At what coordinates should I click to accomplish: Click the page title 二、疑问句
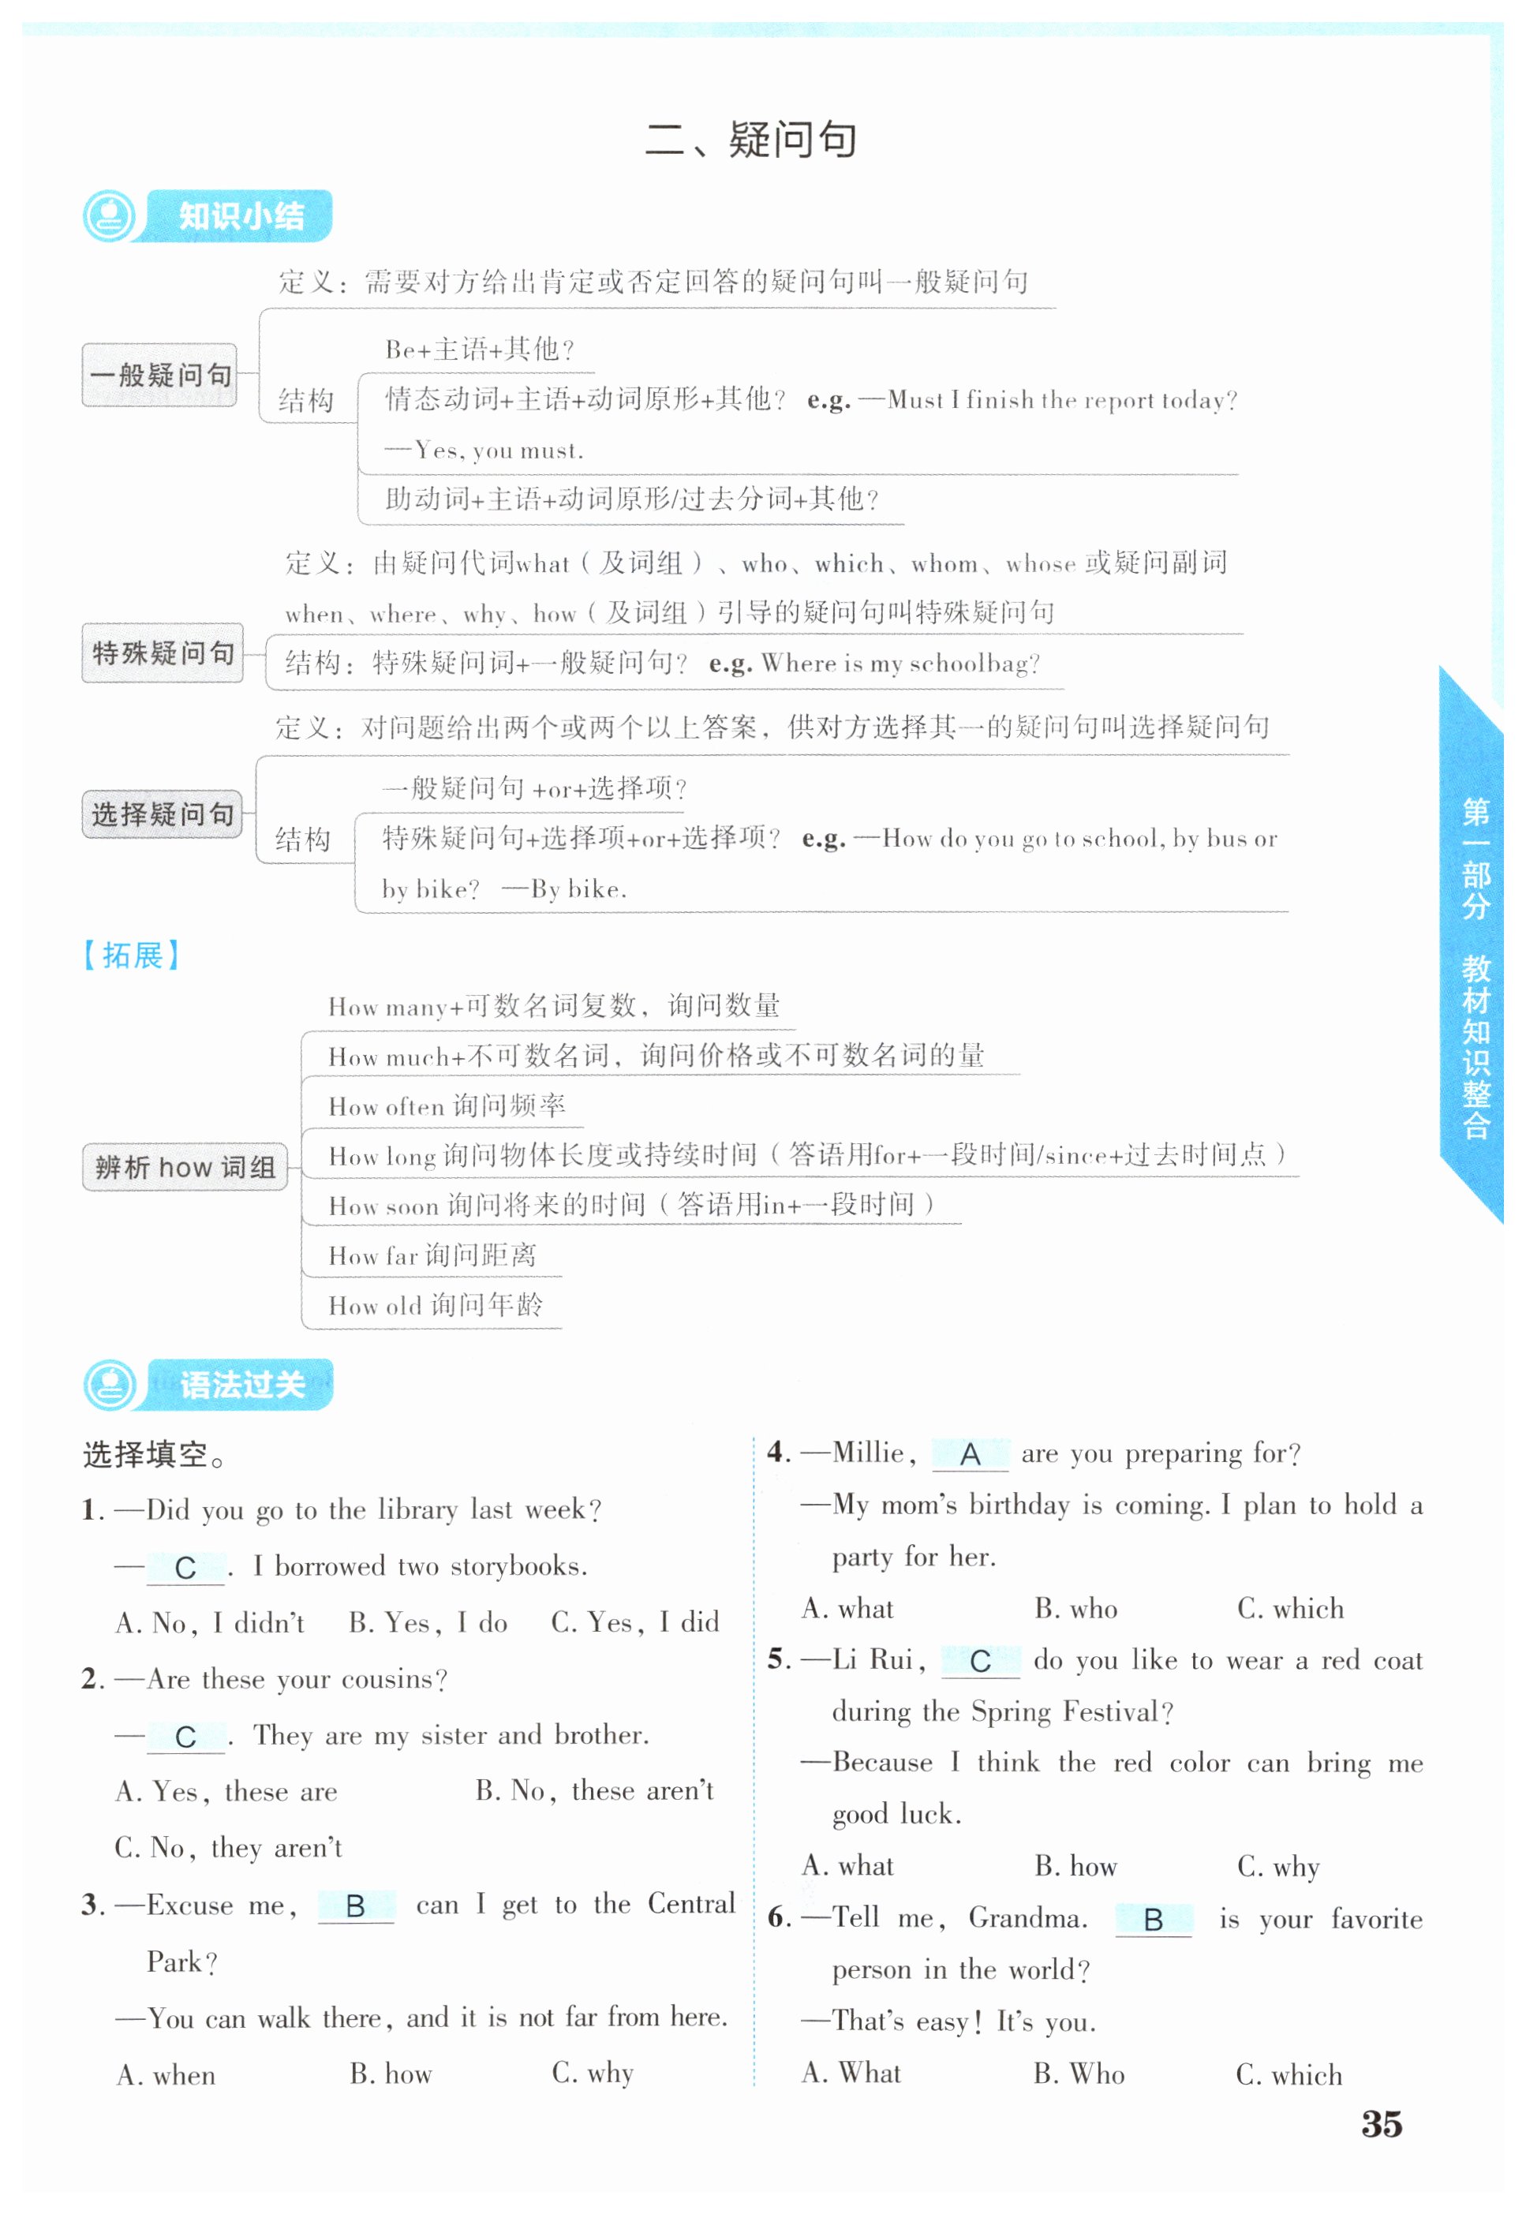(750, 140)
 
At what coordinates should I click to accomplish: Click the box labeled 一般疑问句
(159, 375)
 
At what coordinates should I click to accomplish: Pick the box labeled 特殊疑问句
(163, 653)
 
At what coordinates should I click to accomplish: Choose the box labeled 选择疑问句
(163, 814)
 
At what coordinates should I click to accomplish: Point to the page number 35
(1382, 2124)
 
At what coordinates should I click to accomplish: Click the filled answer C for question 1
(185, 1568)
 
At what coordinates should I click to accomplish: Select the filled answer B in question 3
(356, 1907)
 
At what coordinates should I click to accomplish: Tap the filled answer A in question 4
(970, 1455)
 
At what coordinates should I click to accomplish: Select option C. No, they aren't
(229, 1848)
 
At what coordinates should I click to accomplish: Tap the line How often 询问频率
(447, 1106)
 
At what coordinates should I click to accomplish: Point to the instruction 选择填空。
(154, 1455)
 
